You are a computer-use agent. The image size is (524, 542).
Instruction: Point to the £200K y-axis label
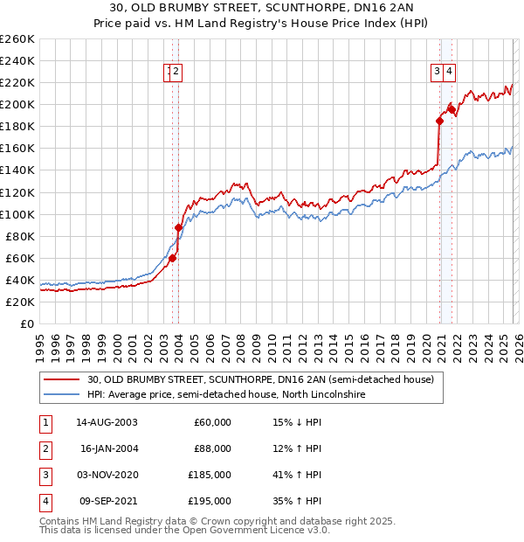coord(17,104)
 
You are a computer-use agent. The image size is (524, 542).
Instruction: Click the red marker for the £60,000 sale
coord(172,258)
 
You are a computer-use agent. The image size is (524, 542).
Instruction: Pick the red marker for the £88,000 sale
coord(179,227)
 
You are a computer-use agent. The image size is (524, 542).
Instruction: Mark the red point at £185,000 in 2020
coord(438,122)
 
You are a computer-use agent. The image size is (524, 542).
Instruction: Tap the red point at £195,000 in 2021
coord(452,110)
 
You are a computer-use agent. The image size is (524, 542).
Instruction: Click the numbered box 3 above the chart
coord(436,73)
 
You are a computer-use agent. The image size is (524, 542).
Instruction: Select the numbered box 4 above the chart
coord(449,73)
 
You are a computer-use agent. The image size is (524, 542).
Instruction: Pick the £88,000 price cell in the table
coord(211,448)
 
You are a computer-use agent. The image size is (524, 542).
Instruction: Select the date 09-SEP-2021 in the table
coord(105,501)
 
